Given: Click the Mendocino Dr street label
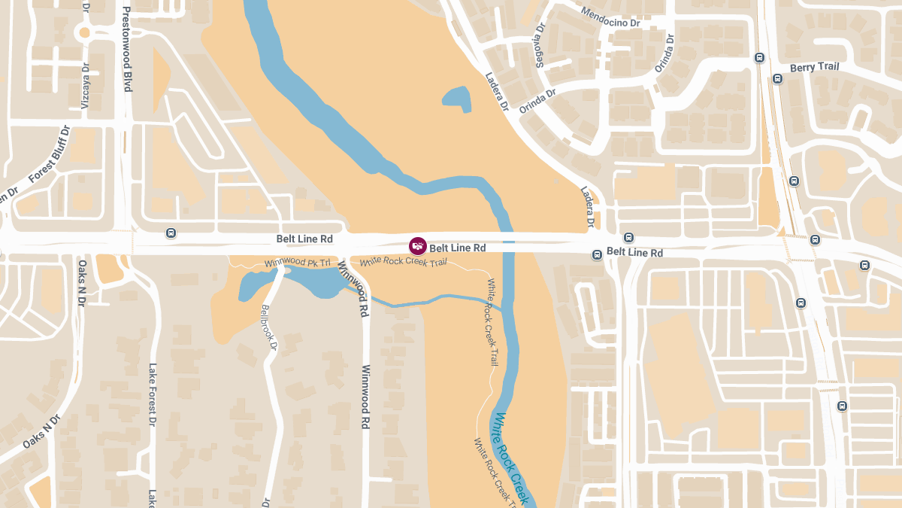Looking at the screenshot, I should (x=610, y=17).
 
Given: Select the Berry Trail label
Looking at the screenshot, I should (x=814, y=68).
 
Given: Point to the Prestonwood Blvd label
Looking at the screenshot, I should (x=127, y=50).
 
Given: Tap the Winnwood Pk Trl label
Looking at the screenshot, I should (x=298, y=263).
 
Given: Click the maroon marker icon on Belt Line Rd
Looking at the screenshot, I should (x=418, y=245).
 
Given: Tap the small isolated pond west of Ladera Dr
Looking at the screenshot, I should (x=456, y=99).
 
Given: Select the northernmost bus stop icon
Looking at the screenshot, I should (x=759, y=57).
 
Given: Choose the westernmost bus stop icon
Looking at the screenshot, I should (x=171, y=233).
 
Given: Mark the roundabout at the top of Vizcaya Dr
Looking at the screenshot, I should (x=84, y=32).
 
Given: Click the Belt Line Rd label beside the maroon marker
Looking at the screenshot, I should (x=458, y=248).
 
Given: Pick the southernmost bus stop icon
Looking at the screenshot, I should (x=842, y=406).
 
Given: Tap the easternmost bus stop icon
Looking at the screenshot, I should (x=864, y=265).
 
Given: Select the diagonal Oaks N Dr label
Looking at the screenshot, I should (x=41, y=432).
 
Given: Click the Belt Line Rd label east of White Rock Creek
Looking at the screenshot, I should (x=634, y=252).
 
